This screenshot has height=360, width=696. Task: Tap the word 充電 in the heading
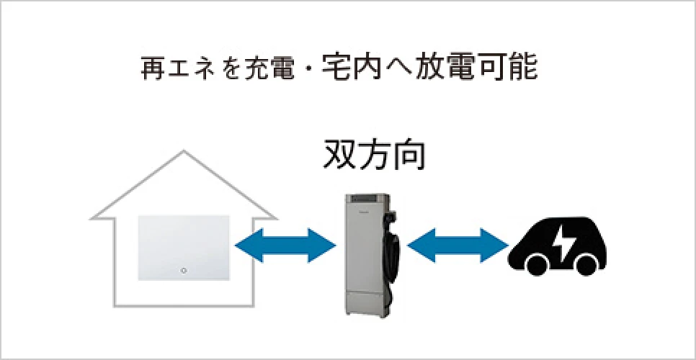(x=270, y=69)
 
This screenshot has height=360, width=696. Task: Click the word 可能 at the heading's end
(x=513, y=69)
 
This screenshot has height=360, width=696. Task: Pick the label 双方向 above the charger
(x=374, y=156)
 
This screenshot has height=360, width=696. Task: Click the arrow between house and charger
(x=285, y=246)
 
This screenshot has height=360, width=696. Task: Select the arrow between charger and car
(x=458, y=246)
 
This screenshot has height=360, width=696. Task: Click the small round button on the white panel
(x=184, y=270)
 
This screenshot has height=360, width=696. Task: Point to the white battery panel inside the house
(x=184, y=248)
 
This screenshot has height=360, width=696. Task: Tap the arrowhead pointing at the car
(x=495, y=246)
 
